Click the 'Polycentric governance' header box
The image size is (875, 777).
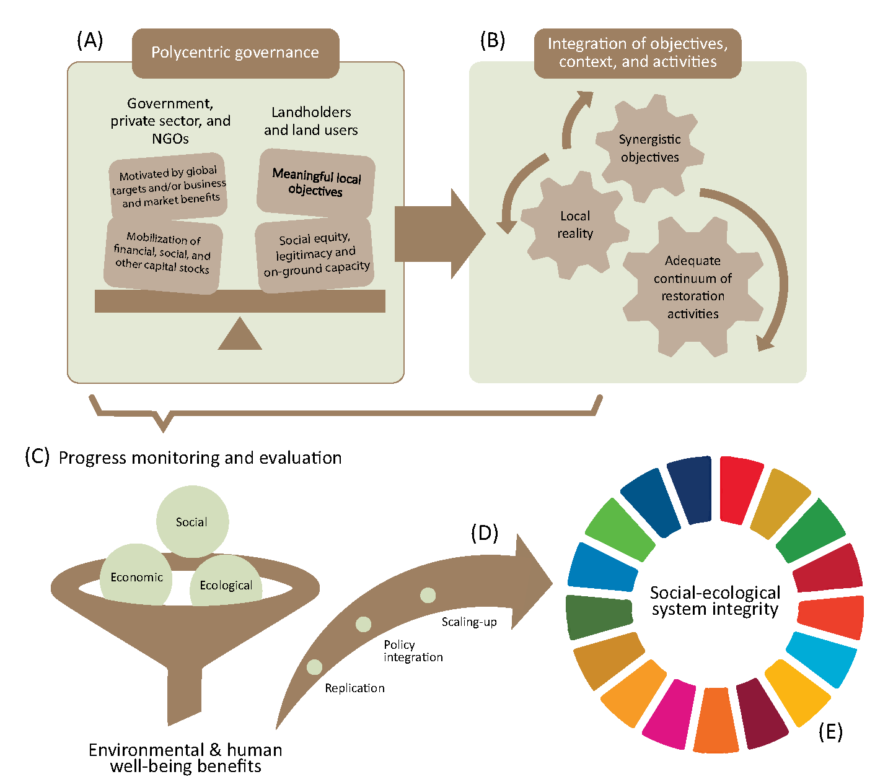tap(235, 53)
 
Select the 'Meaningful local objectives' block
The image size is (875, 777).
tap(316, 183)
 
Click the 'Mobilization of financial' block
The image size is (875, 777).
tap(163, 254)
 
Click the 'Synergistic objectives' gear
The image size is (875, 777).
tap(649, 149)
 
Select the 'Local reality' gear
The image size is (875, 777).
tap(575, 225)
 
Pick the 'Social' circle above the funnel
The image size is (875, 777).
tap(192, 521)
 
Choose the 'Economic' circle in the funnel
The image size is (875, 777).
tap(136, 576)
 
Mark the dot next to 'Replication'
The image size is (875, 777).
tap(315, 667)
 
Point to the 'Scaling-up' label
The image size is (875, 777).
tap(469, 622)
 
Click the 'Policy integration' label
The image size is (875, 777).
tap(413, 651)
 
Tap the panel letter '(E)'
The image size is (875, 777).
tap(830, 732)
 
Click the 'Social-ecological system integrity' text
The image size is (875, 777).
tap(715, 601)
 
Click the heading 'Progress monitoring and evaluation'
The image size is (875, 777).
tap(200, 458)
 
